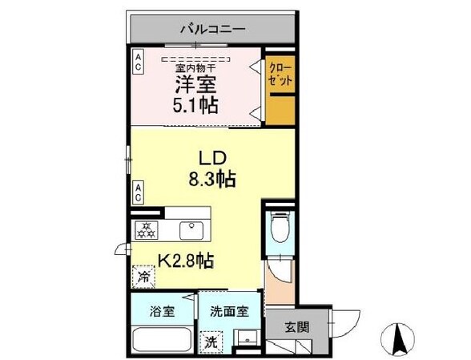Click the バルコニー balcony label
(211, 29)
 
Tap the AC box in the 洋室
(139, 63)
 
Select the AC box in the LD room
(139, 192)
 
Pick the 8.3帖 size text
(210, 180)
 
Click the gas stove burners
(148, 231)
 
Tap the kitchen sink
(193, 231)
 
